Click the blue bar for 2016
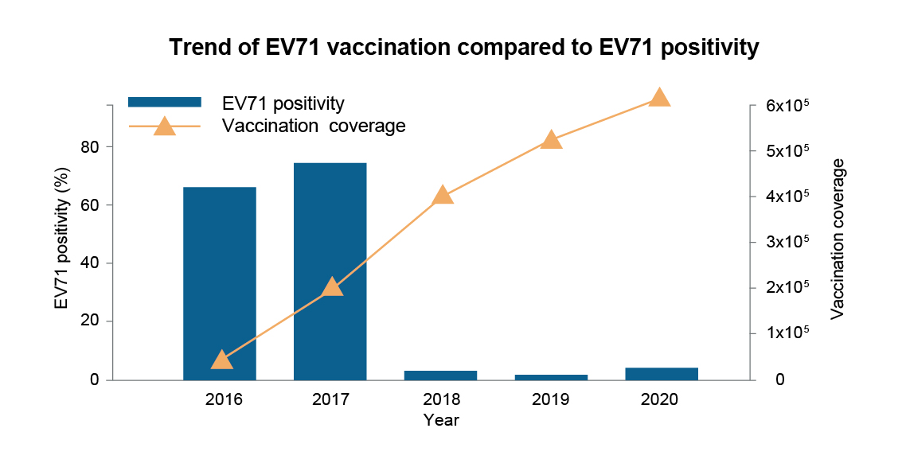(220, 283)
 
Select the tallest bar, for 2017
(330, 271)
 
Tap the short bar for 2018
(440, 375)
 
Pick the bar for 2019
(551, 377)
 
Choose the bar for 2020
(661, 374)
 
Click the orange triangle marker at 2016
(222, 360)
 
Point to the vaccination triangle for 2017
(332, 287)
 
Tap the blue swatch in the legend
(165, 102)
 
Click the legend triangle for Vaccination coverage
(165, 127)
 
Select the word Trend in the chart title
(196, 49)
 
